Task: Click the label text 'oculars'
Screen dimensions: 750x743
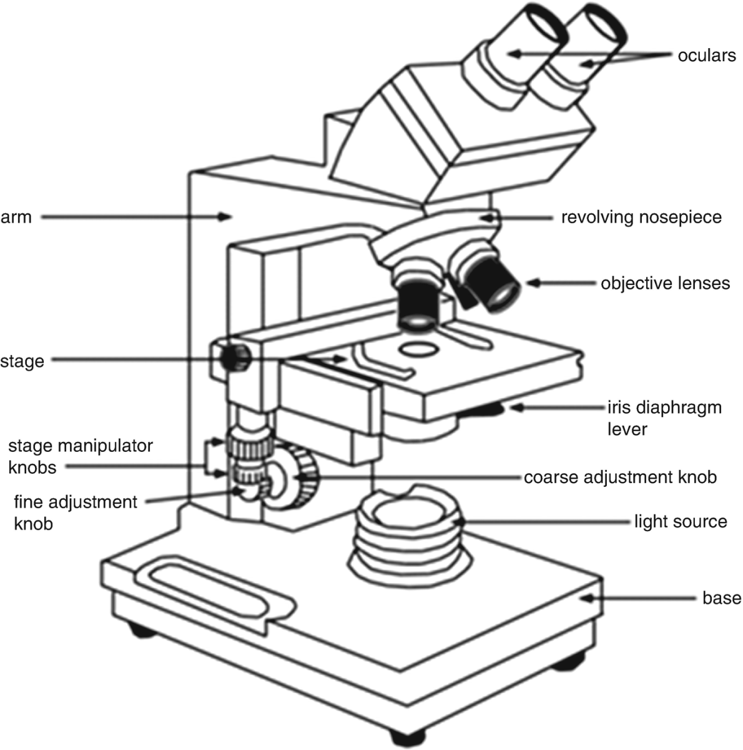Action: pyautogui.click(x=707, y=56)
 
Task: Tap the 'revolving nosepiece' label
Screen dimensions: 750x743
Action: pyautogui.click(x=641, y=217)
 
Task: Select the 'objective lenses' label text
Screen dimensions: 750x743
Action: pyautogui.click(x=665, y=283)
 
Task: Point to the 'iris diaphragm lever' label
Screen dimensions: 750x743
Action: pyautogui.click(x=664, y=418)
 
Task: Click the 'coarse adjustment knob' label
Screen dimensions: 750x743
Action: pyautogui.click(x=620, y=477)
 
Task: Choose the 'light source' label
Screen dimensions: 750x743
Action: pyautogui.click(x=681, y=521)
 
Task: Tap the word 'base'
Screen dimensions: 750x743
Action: pyautogui.click(x=722, y=598)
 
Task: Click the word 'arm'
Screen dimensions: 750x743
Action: pyautogui.click(x=16, y=217)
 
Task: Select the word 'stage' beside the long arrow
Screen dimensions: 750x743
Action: pyautogui.click(x=22, y=361)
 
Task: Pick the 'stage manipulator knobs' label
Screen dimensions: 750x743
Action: pyautogui.click(x=80, y=456)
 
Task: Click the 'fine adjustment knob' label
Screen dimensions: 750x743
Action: pyautogui.click(x=75, y=512)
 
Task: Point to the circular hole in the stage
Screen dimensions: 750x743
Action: pyautogui.click(x=419, y=348)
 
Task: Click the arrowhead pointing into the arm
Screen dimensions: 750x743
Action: pyautogui.click(x=227, y=217)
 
